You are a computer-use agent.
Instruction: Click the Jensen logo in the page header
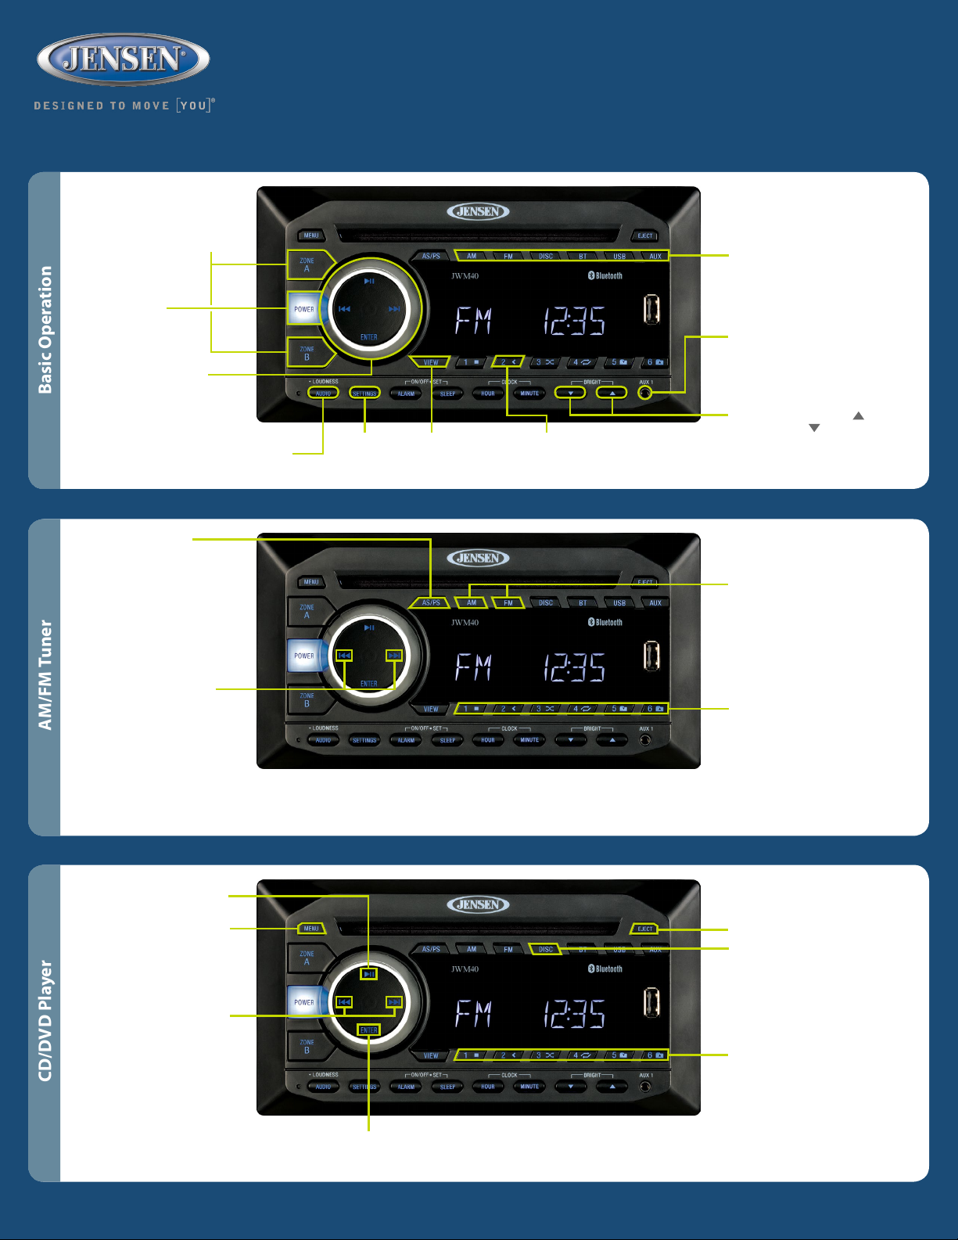click(x=123, y=59)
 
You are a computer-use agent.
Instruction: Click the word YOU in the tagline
click(x=193, y=106)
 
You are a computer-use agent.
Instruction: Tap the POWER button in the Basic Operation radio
click(x=303, y=309)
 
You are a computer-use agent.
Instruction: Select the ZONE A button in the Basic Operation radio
click(x=307, y=264)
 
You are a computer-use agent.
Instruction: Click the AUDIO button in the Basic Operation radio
click(x=323, y=393)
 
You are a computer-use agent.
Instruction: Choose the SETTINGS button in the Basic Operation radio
click(x=364, y=393)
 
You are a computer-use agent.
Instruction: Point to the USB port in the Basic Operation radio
click(x=651, y=310)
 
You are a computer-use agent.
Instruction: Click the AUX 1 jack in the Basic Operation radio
click(x=645, y=393)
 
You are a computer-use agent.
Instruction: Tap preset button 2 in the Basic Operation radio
click(x=508, y=362)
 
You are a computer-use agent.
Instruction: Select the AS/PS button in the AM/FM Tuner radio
click(x=431, y=603)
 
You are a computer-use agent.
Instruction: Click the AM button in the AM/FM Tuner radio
click(x=472, y=603)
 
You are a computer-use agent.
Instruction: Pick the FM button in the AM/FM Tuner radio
click(x=508, y=603)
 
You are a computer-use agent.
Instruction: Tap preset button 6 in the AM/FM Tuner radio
click(x=655, y=709)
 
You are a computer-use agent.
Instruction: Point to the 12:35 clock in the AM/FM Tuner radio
click(x=575, y=667)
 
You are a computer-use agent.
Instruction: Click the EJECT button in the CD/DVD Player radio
click(x=645, y=929)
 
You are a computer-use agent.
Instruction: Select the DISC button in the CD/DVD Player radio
click(x=546, y=950)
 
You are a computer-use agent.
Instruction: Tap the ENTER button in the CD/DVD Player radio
click(x=369, y=1030)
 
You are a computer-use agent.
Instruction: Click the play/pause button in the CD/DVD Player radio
click(x=369, y=974)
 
